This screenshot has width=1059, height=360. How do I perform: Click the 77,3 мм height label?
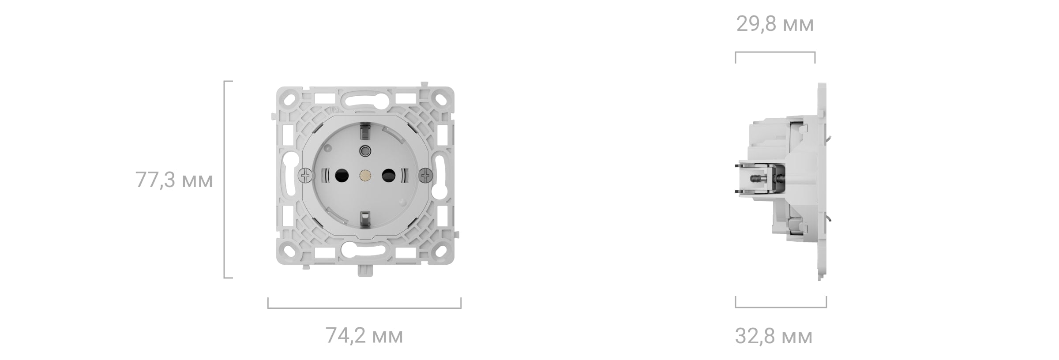tap(174, 180)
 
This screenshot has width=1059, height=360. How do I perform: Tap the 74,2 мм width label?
tap(364, 336)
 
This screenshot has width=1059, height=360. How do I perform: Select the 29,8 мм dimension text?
tap(775, 24)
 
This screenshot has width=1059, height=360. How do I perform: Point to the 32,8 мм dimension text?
tap(774, 337)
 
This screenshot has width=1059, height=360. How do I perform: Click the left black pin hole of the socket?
tap(342, 176)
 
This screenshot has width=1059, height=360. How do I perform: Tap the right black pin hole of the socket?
tap(388, 176)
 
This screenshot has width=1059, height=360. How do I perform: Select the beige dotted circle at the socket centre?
tap(365, 176)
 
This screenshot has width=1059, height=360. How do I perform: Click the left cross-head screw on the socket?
tap(305, 176)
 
